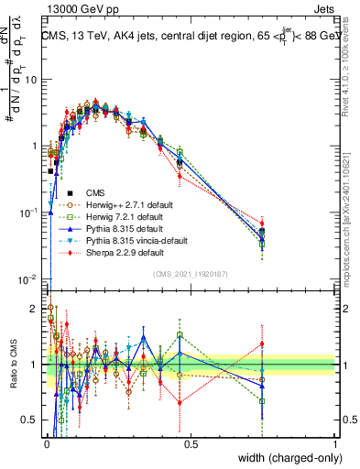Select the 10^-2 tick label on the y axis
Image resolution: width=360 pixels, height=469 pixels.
pyautogui.click(x=26, y=279)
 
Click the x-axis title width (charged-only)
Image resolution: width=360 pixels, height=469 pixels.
pyautogui.click(x=285, y=458)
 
